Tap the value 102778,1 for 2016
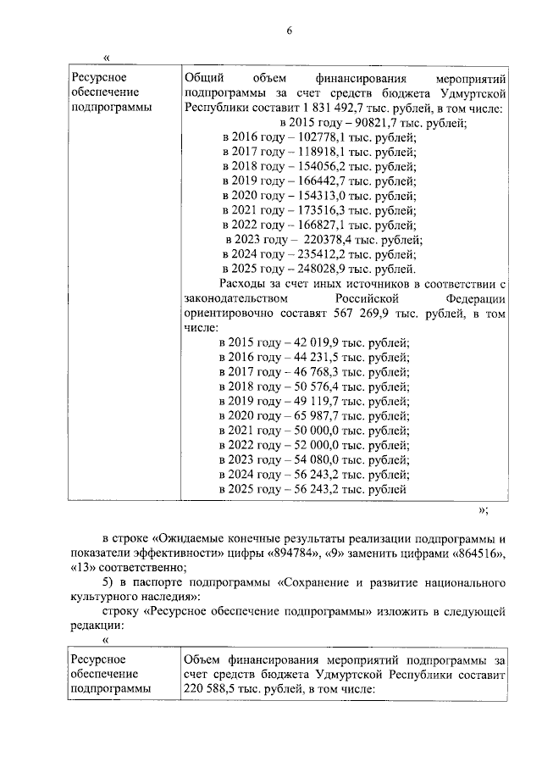point(319,137)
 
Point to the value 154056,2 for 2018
point(319,166)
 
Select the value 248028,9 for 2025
point(319,269)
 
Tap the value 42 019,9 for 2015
point(317,342)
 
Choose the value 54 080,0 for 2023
point(317,459)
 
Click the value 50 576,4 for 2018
point(317,387)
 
